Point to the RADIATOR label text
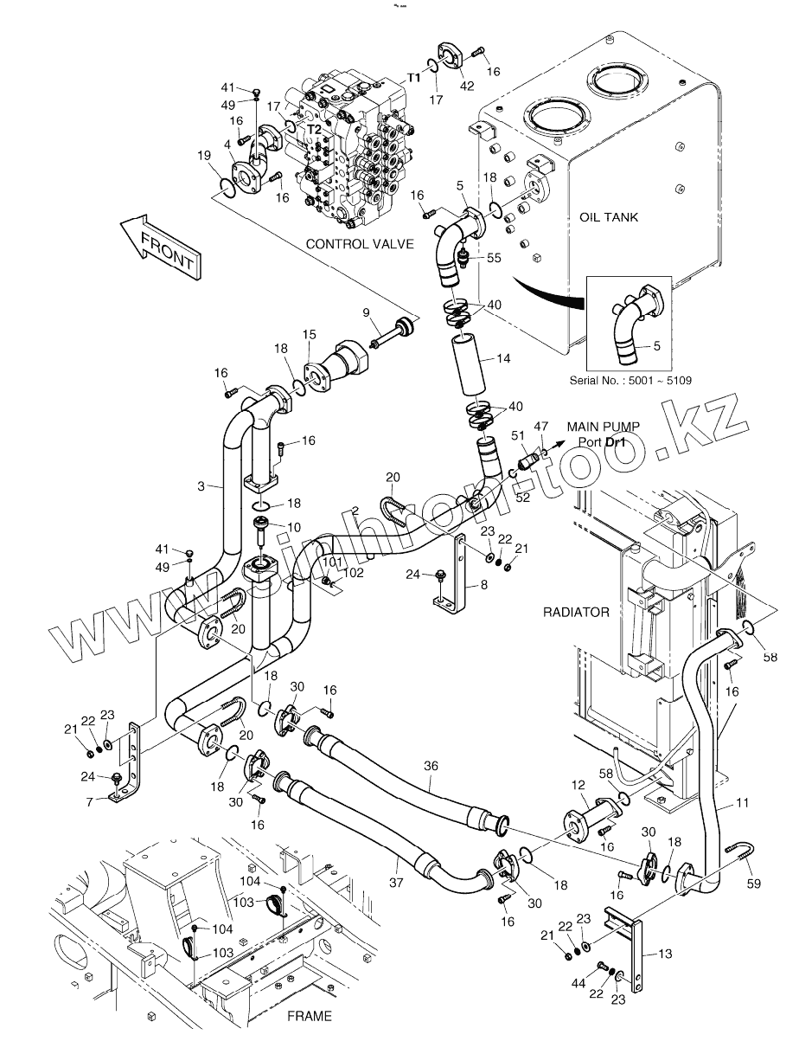coord(576,612)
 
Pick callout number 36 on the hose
coord(431,765)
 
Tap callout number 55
coord(495,258)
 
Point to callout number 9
coord(366,312)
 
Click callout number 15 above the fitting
coord(309,334)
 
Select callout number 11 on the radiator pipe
coord(743,803)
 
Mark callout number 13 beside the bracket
coord(664,954)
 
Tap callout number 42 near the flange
coord(467,85)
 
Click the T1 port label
coord(414,77)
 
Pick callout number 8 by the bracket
coord(483,585)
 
